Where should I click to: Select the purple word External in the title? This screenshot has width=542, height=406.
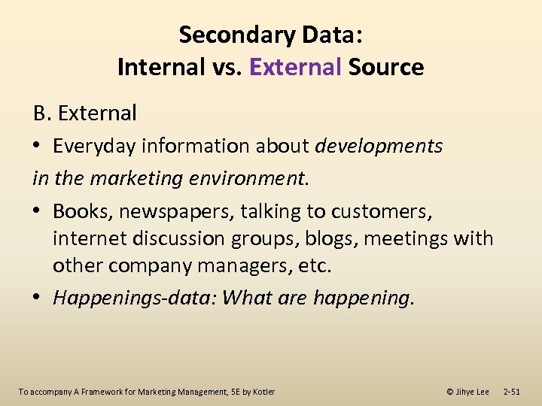click(295, 68)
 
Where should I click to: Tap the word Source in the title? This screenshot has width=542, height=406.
click(385, 68)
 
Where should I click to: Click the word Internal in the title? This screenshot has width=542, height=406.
click(159, 68)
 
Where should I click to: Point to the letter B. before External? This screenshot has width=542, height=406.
click(41, 114)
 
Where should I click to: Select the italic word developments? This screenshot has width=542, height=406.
click(379, 146)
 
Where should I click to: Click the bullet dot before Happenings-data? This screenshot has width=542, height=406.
click(38, 298)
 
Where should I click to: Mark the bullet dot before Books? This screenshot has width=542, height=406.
click(38, 212)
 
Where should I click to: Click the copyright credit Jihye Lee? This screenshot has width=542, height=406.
click(467, 392)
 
